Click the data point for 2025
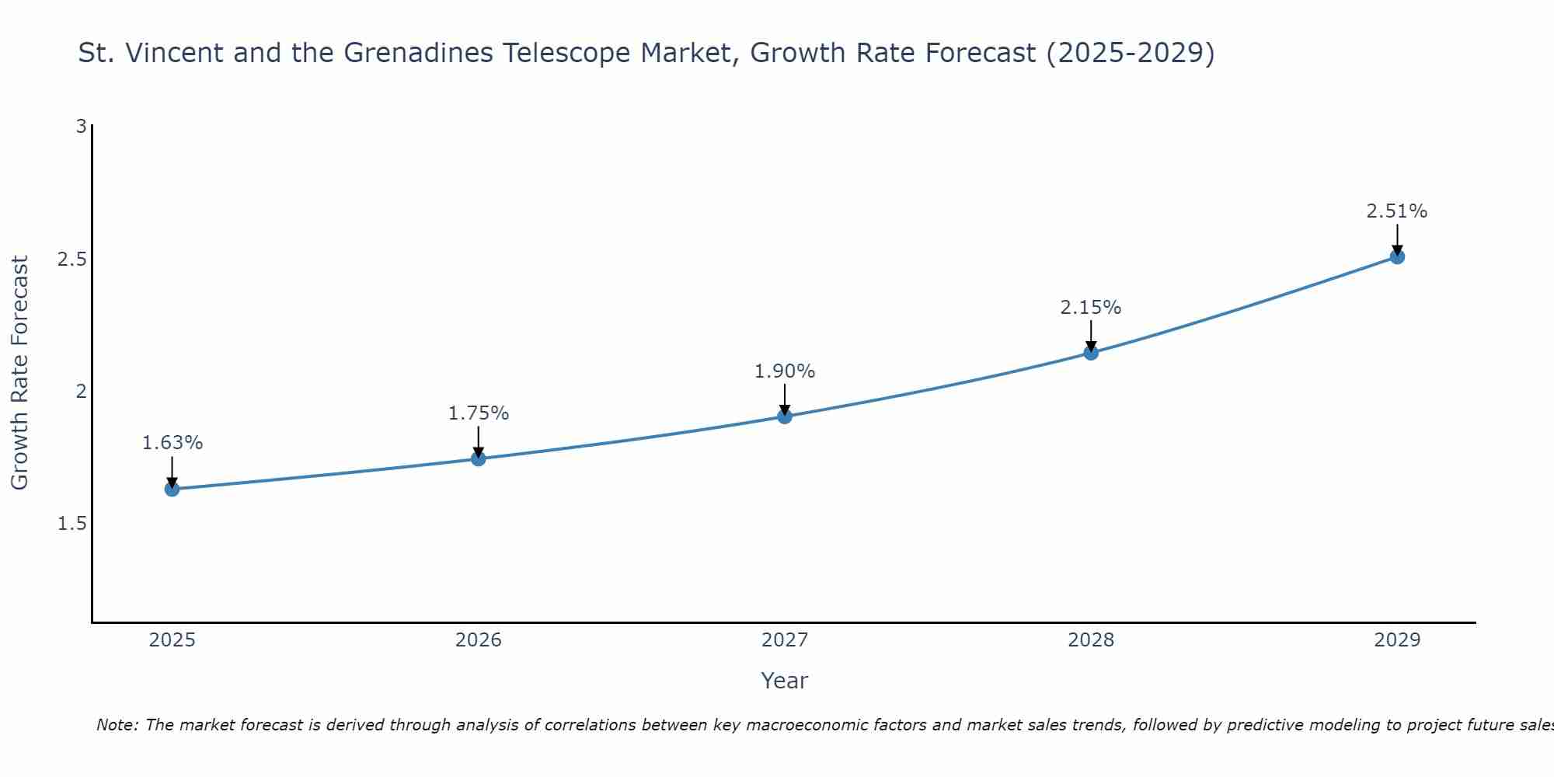tap(172, 489)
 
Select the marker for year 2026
tap(479, 458)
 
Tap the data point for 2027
tap(785, 416)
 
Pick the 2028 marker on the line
tap(1091, 353)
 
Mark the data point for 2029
tap(1397, 256)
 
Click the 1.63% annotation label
tap(172, 443)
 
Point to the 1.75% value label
tap(479, 413)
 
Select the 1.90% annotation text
tap(785, 371)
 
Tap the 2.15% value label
tap(1091, 308)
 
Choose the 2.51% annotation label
tap(1397, 211)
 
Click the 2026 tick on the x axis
tap(479, 640)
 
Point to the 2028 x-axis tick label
tap(1091, 640)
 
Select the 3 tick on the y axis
tap(81, 126)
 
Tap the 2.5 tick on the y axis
tap(72, 259)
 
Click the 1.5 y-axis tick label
tap(72, 524)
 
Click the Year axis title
tap(785, 681)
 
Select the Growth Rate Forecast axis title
tap(19, 373)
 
